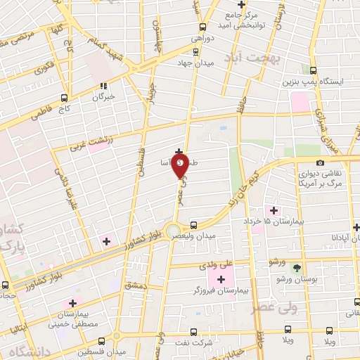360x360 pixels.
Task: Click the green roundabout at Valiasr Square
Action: coord(172,230)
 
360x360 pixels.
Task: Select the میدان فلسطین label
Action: coord(102,350)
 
